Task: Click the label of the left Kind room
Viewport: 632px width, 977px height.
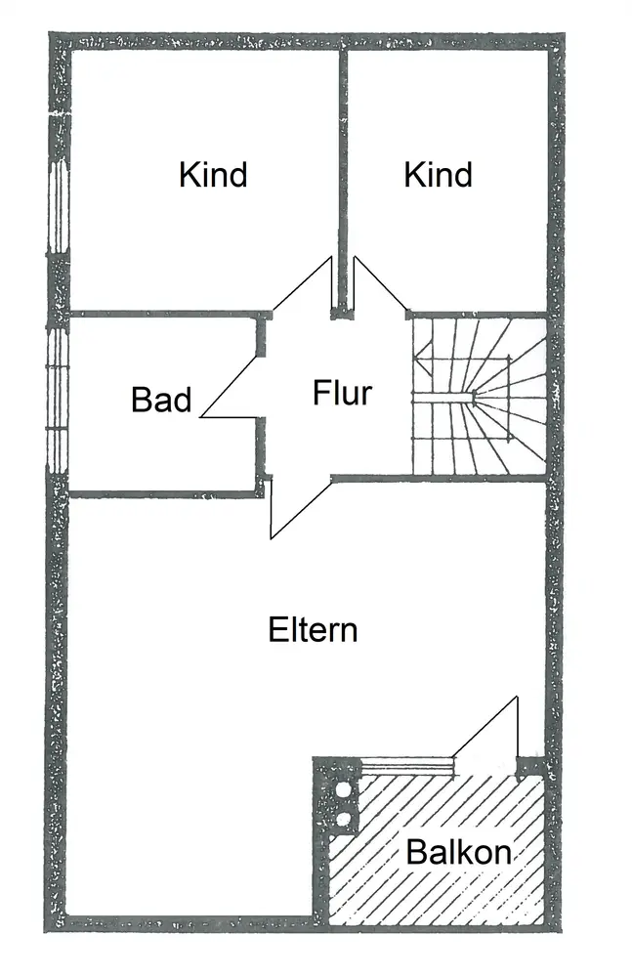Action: (213, 175)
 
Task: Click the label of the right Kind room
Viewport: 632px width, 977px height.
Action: (439, 175)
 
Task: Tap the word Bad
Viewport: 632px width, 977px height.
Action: (161, 400)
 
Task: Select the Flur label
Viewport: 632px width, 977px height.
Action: (342, 393)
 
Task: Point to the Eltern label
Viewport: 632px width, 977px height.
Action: (313, 630)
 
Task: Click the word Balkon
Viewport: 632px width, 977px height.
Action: (459, 852)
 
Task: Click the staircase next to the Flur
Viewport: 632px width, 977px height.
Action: (479, 397)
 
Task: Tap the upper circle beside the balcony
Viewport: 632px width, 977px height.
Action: (343, 790)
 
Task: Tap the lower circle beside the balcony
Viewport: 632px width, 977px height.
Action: (343, 818)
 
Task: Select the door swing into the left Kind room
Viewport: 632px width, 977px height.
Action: (302, 283)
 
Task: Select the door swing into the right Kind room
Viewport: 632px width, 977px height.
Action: (380, 283)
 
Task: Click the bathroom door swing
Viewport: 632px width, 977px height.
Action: (229, 388)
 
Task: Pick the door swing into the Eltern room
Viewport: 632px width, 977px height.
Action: (301, 508)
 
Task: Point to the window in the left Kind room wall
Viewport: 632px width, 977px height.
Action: (59, 207)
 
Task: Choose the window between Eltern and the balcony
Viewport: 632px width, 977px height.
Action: (407, 766)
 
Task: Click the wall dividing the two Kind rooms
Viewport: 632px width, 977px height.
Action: (343, 182)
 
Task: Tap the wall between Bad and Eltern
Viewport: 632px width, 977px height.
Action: (163, 495)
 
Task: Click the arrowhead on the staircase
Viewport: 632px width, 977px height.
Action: (423, 361)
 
